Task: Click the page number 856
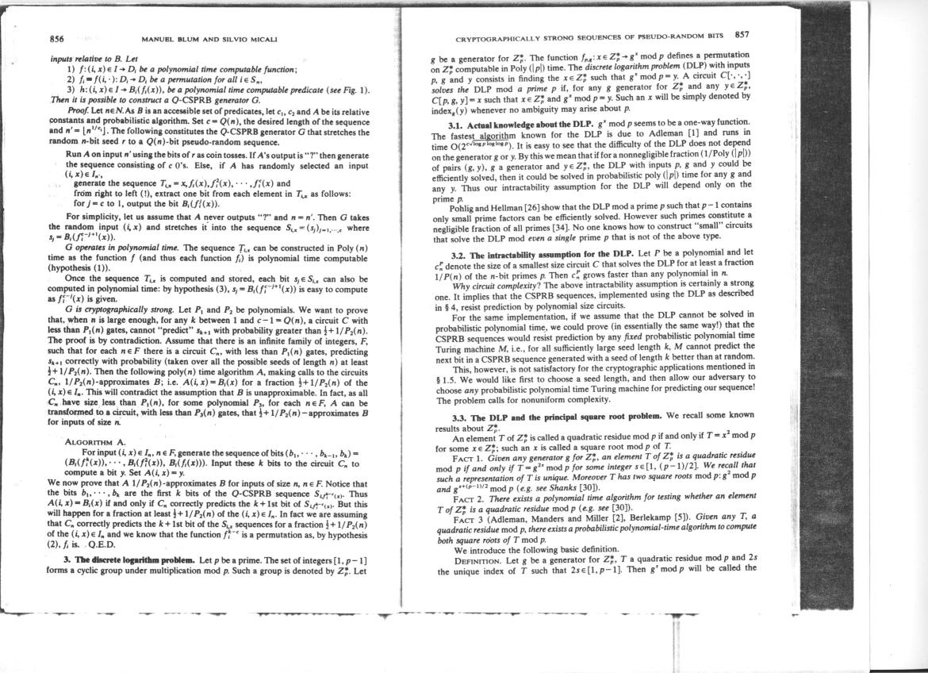pyautogui.click(x=56, y=38)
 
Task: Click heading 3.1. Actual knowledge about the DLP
pyautogui.click(x=514, y=126)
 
